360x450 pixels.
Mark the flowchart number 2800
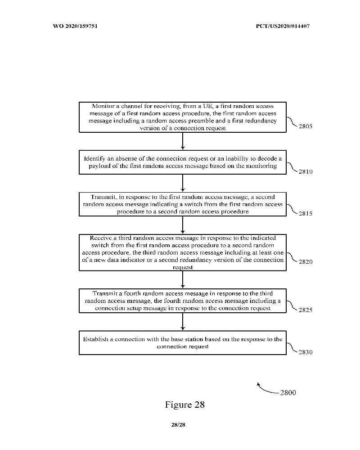(288, 393)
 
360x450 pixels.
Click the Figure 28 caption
(184, 405)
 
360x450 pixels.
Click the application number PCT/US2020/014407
(281, 26)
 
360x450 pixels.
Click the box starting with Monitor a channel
(183, 117)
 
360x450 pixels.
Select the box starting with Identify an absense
(183, 162)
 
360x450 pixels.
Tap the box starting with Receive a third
(183, 252)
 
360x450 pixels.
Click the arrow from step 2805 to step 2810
(183, 141)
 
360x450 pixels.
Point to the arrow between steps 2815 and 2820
(183, 225)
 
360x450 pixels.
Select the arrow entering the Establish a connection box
(183, 322)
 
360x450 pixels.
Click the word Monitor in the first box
(103, 106)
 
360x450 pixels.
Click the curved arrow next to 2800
(265, 388)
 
